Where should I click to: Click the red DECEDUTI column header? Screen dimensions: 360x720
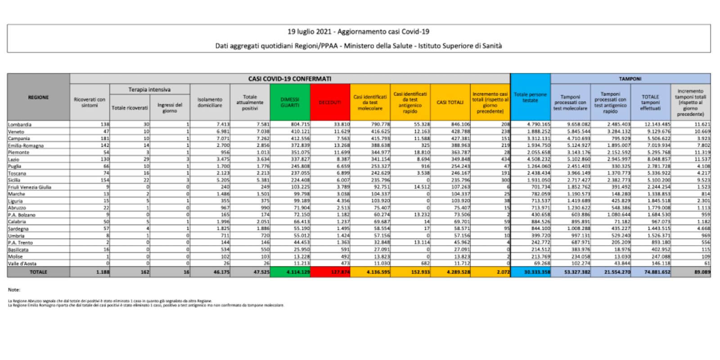click(x=330, y=102)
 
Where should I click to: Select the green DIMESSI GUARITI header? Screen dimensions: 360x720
click(x=290, y=102)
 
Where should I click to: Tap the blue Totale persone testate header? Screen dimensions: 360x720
click(x=530, y=97)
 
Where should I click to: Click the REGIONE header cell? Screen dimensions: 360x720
click(x=38, y=97)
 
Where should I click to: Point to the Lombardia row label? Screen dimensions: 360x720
click(x=20, y=125)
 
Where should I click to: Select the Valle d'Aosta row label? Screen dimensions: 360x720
click(x=22, y=264)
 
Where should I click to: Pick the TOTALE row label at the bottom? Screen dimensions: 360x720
click(x=38, y=272)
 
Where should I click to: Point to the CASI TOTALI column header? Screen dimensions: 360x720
click(x=450, y=102)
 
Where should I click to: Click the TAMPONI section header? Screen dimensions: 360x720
click(x=630, y=79)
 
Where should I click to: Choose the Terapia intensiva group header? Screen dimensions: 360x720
click(x=149, y=90)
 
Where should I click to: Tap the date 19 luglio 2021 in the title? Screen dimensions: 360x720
click(x=310, y=31)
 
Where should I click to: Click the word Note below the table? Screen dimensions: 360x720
click(x=14, y=290)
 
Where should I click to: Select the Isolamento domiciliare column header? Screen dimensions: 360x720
click(x=210, y=102)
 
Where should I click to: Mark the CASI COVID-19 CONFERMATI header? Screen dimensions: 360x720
click(x=290, y=79)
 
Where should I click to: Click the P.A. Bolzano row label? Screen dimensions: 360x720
click(x=22, y=215)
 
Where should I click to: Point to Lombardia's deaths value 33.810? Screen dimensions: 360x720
click(x=337, y=125)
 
